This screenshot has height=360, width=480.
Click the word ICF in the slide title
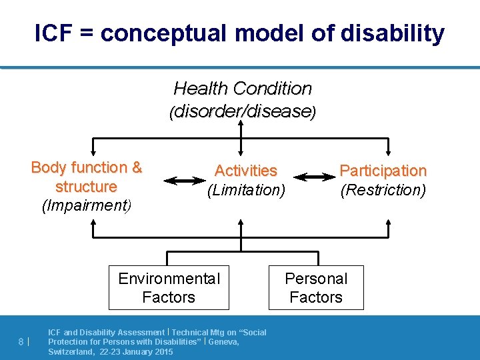(x=54, y=33)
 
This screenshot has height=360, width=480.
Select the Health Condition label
(x=243, y=88)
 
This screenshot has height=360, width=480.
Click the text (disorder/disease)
(x=243, y=111)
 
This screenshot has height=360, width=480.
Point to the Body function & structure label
(x=87, y=177)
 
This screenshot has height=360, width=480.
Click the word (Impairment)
(x=87, y=205)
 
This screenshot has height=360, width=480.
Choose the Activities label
(x=245, y=171)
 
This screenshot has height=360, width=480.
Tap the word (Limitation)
(x=245, y=190)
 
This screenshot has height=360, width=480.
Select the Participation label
(x=383, y=171)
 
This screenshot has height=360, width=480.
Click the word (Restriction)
(x=383, y=190)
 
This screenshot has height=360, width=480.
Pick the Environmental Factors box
(x=169, y=288)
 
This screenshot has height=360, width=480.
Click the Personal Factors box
(x=316, y=288)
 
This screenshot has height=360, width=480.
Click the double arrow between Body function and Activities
(x=185, y=179)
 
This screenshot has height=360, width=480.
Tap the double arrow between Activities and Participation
(x=315, y=177)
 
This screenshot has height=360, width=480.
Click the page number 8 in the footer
(x=21, y=342)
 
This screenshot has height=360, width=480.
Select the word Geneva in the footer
(x=225, y=342)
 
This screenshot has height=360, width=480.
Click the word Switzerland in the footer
(x=70, y=351)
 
